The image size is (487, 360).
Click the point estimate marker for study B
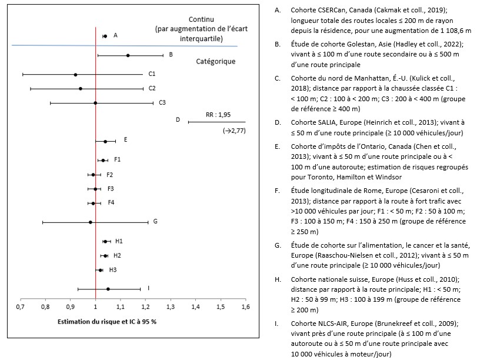[128, 55]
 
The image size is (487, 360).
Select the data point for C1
[75, 75]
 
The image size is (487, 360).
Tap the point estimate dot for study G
[90, 222]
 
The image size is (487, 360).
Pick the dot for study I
[108, 289]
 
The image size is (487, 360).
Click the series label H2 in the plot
[118, 255]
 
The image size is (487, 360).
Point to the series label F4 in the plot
[111, 203]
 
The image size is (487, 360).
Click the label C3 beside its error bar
[162, 102]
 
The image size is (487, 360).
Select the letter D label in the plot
[177, 119]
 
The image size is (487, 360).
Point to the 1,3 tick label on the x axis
[171, 307]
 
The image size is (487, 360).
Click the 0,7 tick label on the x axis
[20, 307]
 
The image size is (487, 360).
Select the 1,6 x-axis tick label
[245, 307]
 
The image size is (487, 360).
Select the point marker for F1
[103, 160]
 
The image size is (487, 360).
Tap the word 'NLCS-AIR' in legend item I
[335, 323]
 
